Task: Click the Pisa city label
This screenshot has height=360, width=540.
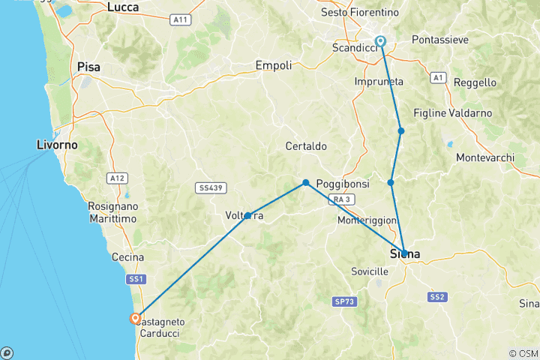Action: tap(88, 67)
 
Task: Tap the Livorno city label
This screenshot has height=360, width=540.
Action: tap(60, 142)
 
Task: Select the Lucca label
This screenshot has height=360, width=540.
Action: tap(123, 7)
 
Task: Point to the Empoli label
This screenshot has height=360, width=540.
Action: tap(274, 65)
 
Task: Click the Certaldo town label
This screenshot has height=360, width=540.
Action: tap(305, 145)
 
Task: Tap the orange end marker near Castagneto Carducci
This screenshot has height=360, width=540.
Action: tap(135, 318)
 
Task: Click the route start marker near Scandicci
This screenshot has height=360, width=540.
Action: tap(381, 42)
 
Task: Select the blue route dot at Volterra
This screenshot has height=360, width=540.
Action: tap(247, 216)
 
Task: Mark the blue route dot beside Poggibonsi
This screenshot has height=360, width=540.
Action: tap(306, 182)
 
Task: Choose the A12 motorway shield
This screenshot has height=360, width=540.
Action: tap(115, 178)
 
